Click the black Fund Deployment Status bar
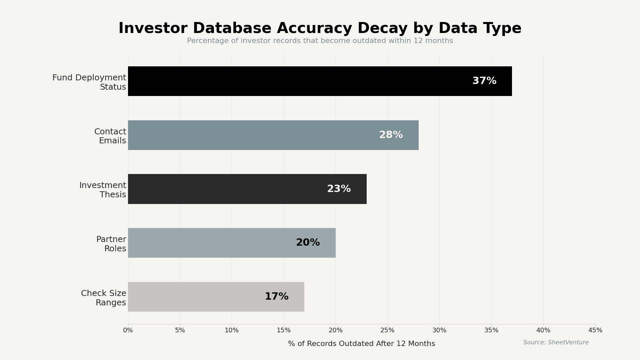[x=300, y=81]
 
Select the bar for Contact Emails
[x=253, y=135]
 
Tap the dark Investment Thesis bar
[x=227, y=189]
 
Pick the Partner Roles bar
[x=210, y=243]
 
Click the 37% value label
[x=484, y=81]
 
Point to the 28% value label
[x=391, y=135]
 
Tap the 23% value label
[x=339, y=189]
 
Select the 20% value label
[x=308, y=243]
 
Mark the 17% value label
[x=276, y=297]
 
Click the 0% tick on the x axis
[x=128, y=330]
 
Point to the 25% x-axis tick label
[x=387, y=330]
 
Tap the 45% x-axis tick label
[x=595, y=330]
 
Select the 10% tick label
[x=232, y=330]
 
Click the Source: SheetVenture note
[x=556, y=343]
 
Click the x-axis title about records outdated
[x=361, y=344]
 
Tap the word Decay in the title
[x=383, y=29]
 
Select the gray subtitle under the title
[x=320, y=41]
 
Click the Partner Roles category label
[x=111, y=244]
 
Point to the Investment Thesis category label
[x=103, y=190]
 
